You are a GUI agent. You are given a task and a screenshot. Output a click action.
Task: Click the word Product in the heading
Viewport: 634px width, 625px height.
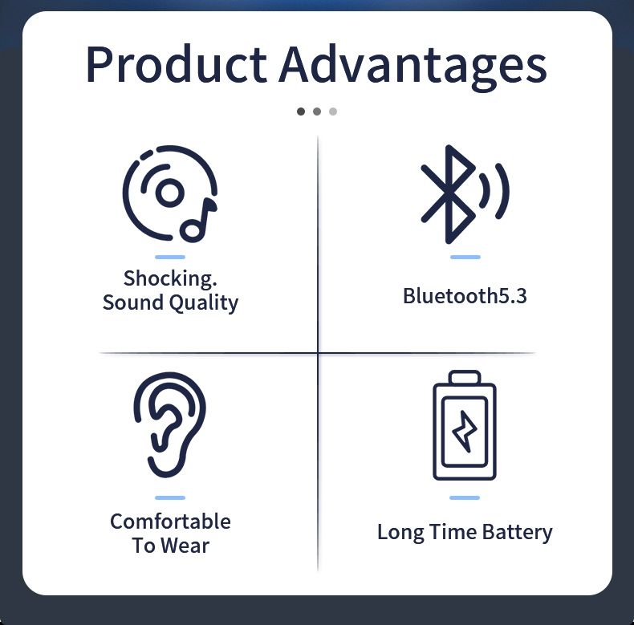click(x=177, y=64)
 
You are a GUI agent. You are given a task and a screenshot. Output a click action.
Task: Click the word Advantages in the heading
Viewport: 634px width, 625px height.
click(x=413, y=67)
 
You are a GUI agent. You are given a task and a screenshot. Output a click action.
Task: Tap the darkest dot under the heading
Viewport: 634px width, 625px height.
click(x=301, y=112)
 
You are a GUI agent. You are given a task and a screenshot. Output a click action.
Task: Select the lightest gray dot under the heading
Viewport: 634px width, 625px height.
click(x=333, y=112)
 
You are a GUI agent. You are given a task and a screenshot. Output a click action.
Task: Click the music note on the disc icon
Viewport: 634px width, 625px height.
click(x=198, y=221)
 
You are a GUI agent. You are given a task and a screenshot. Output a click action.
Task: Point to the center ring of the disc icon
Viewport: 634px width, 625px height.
click(x=170, y=192)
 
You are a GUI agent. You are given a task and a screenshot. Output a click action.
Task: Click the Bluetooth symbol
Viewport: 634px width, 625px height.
click(x=448, y=194)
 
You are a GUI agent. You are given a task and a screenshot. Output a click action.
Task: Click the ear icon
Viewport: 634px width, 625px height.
click(x=170, y=424)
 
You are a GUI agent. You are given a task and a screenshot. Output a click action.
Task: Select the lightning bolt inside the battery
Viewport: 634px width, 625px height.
click(x=464, y=432)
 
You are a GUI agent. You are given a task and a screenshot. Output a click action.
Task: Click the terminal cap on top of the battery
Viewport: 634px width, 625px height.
click(x=465, y=377)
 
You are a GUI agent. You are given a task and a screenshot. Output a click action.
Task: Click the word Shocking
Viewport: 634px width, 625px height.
click(x=170, y=278)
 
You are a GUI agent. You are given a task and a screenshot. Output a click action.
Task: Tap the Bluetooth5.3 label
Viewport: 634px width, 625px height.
click(x=465, y=295)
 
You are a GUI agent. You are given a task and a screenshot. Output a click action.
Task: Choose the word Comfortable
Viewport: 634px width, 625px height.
click(x=170, y=522)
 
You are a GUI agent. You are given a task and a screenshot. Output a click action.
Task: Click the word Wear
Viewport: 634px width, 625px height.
click(x=185, y=546)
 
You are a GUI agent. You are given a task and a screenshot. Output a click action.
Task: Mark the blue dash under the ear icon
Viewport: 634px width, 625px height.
click(x=170, y=497)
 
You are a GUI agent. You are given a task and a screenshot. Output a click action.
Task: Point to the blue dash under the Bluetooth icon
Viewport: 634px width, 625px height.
click(x=465, y=257)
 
